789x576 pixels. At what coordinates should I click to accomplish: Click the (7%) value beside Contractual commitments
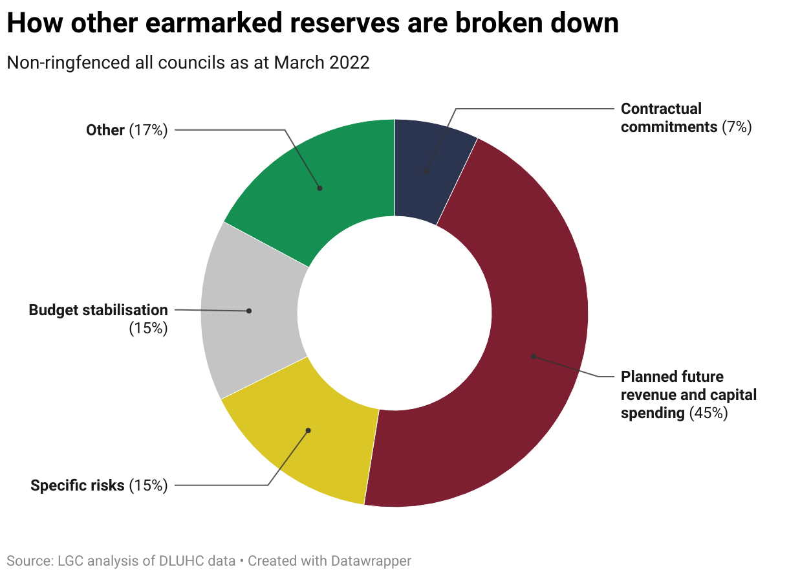click(x=737, y=127)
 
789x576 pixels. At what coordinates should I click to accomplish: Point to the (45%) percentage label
click(x=708, y=413)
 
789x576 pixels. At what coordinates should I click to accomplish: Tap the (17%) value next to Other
click(x=148, y=130)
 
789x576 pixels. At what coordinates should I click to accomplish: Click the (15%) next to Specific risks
click(x=148, y=485)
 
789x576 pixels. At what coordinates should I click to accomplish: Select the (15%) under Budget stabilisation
click(x=148, y=328)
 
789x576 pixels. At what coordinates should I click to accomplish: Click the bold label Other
click(x=105, y=130)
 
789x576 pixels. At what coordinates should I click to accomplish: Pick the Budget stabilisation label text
click(x=98, y=310)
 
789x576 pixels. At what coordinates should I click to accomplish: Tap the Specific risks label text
click(x=78, y=485)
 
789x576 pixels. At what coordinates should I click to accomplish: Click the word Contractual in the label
click(x=661, y=109)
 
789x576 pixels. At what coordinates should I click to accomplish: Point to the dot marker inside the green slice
click(x=319, y=188)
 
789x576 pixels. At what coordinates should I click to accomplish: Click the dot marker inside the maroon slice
click(x=534, y=356)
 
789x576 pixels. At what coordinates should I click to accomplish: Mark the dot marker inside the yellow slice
click(x=308, y=430)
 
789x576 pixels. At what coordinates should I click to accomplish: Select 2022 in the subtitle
click(x=349, y=63)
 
